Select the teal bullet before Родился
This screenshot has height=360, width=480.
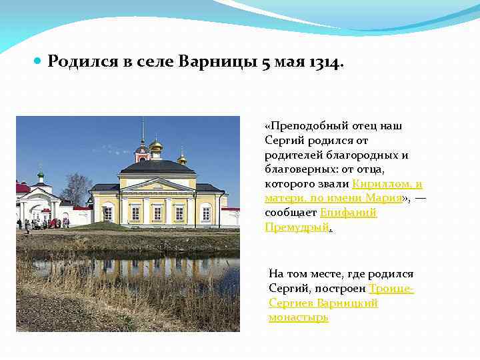[37, 61]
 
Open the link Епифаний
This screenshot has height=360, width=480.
[349, 212]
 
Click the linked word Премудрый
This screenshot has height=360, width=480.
[297, 227]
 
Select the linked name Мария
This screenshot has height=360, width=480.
[383, 198]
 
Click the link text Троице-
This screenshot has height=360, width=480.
[391, 289]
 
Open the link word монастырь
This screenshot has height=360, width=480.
[299, 317]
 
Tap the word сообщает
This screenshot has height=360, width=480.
[291, 212]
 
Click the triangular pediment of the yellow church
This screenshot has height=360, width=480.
[157, 185]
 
